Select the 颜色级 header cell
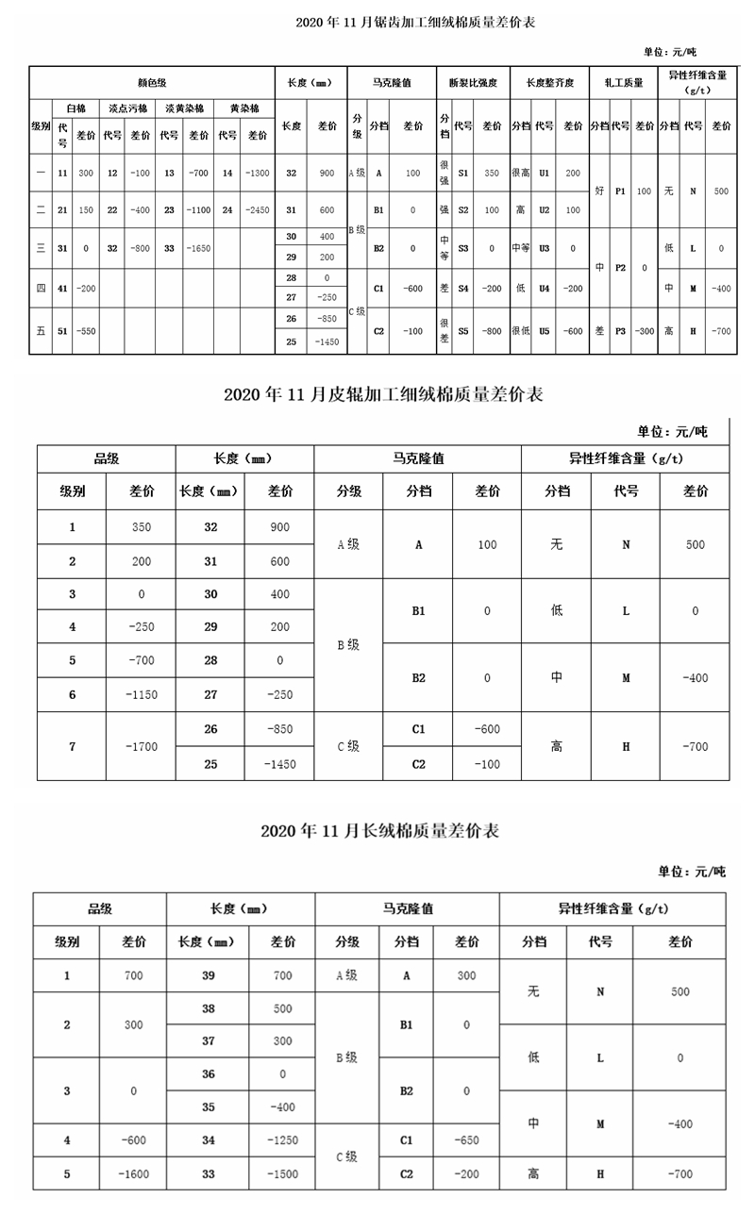[x=152, y=83]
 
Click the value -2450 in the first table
[x=257, y=210]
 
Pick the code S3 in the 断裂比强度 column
[x=463, y=247]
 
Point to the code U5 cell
[x=544, y=332]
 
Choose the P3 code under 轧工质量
[x=620, y=332]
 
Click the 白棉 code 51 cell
[x=62, y=332]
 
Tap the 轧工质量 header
[x=623, y=83]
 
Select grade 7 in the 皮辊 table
[x=72, y=746]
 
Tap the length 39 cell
[x=209, y=975]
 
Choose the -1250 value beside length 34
[x=282, y=1140]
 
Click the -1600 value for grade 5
[x=134, y=1173]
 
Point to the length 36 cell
[x=209, y=1073]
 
